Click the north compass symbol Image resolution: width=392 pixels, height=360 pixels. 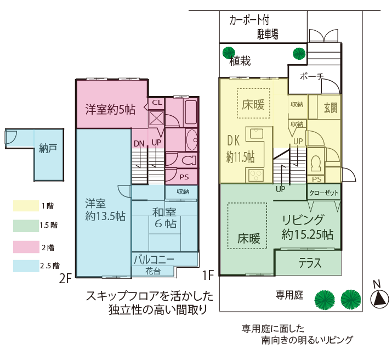[380, 299]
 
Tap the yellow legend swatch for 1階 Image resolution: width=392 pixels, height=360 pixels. [26, 206]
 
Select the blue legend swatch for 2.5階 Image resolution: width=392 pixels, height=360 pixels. [26, 266]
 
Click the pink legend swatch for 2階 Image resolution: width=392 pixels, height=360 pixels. [26, 247]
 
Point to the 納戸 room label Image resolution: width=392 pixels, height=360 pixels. [48, 149]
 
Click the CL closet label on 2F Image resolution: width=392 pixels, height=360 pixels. [157, 102]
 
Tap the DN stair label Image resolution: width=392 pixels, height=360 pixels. [139, 144]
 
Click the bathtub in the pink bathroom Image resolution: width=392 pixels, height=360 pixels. [191, 113]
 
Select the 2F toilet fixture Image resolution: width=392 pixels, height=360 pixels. [189, 160]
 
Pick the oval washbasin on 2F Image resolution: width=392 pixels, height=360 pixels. [192, 139]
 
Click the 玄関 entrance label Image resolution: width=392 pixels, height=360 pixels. [331, 108]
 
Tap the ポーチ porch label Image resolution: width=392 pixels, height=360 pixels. [311, 76]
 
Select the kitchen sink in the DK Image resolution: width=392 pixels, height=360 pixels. [256, 133]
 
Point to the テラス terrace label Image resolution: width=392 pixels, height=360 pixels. [310, 263]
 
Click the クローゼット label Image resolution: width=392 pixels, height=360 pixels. [324, 193]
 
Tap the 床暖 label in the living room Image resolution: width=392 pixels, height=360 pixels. [249, 238]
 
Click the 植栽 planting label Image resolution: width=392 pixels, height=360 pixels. [240, 61]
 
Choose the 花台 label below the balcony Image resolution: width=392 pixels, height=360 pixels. [153, 271]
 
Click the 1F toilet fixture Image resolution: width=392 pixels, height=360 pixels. [315, 164]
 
